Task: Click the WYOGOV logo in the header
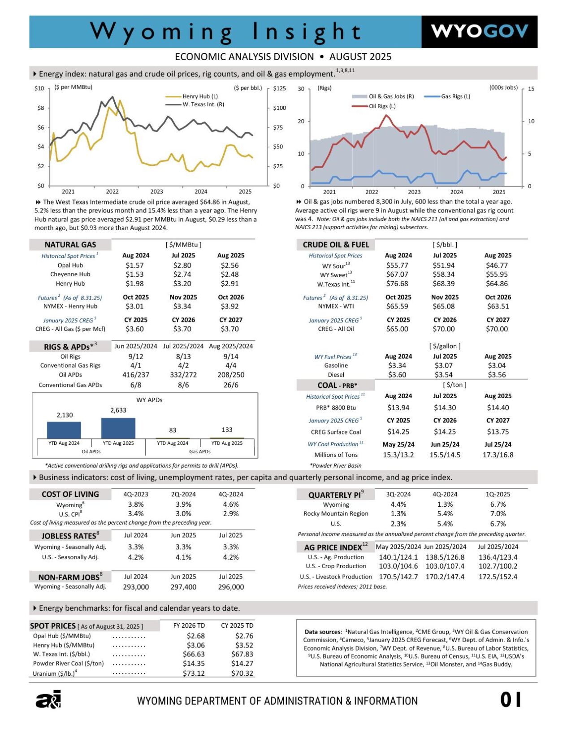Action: click(479, 31)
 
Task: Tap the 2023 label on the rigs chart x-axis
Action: click(414, 192)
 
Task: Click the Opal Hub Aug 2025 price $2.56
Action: click(230, 265)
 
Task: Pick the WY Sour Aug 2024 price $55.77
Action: click(397, 265)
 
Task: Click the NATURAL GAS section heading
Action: click(70, 245)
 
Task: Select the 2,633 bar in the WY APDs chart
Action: click(118, 428)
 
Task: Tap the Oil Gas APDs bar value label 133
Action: click(227, 430)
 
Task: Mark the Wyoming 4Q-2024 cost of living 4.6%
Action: click(230, 504)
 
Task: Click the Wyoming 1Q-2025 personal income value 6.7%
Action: click(498, 504)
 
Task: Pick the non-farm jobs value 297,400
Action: click(183, 587)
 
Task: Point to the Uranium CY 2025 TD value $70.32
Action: click(242, 673)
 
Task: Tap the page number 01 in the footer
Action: click(511, 699)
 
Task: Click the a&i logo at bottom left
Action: click(48, 699)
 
